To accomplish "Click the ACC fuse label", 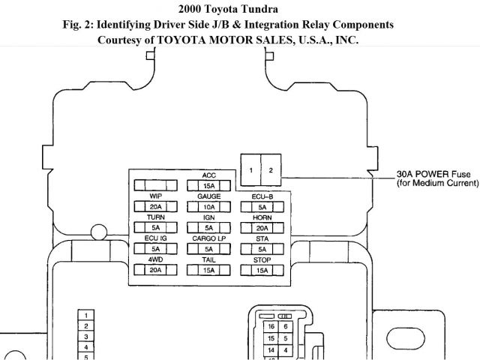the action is point(208,175).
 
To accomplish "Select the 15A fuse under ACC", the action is point(208,185).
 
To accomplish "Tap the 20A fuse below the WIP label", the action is point(155,206).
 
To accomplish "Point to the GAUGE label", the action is point(208,196).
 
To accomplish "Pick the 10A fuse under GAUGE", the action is point(208,206).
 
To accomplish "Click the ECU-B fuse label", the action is point(262,196).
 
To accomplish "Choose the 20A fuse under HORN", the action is point(262,227).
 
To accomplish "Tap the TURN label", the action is point(155,217).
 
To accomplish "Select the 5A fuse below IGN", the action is point(208,227).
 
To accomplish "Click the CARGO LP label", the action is point(208,238).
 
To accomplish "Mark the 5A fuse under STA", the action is point(262,248).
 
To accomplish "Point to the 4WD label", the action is point(155,259).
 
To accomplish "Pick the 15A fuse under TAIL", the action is point(208,269).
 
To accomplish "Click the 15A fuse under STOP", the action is point(262,269).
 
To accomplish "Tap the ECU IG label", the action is point(155,238).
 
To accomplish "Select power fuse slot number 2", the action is point(270,171).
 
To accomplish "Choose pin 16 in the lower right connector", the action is point(271,327).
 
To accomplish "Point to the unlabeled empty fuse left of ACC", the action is point(155,185).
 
